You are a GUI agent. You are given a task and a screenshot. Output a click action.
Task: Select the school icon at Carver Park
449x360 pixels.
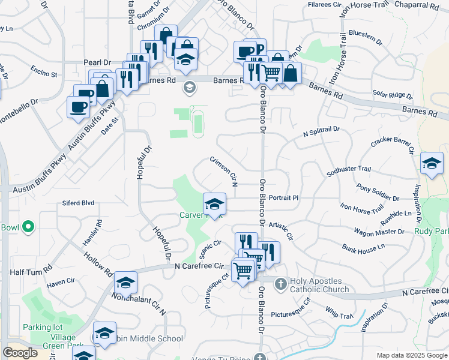214,204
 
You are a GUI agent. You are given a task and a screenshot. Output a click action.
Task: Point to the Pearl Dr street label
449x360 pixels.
98,62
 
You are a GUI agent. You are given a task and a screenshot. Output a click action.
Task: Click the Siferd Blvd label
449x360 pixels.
79,203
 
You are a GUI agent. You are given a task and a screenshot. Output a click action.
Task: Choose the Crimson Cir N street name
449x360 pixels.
223,170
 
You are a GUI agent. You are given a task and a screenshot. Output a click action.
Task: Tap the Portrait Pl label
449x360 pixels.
283,197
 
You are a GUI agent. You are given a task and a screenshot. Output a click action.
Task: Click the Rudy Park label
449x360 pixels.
432,230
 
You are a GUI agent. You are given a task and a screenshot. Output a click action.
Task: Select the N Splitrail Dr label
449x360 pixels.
321,130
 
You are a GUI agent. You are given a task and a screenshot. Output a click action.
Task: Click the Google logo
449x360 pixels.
20,352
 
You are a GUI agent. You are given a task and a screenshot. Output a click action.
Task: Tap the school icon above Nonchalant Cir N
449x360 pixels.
125,282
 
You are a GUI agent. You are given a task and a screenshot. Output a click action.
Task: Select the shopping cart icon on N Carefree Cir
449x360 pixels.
243,270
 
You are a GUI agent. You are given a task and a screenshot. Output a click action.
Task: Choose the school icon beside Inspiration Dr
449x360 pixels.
432,163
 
